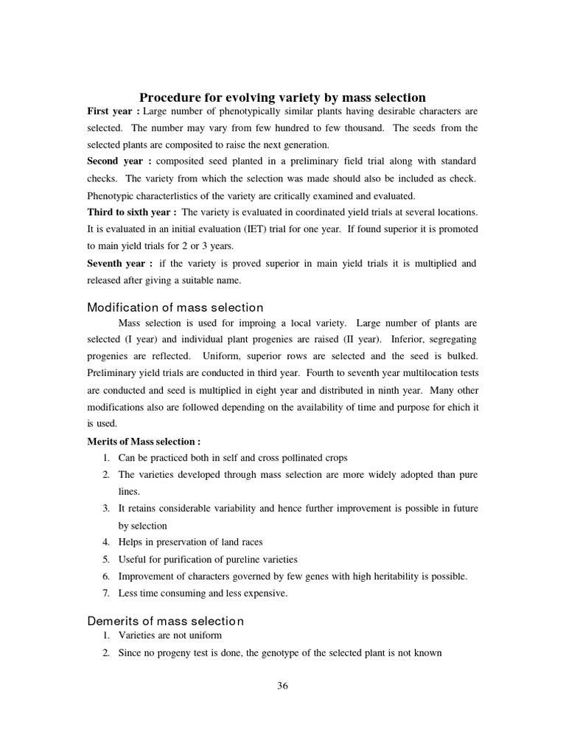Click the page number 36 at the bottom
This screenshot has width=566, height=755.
pos(282,686)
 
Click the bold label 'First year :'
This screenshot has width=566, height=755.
pos(113,111)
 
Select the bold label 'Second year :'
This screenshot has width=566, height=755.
pos(119,161)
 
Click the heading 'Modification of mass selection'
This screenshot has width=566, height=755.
pos(175,307)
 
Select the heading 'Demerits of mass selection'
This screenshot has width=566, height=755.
pos(166,621)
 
